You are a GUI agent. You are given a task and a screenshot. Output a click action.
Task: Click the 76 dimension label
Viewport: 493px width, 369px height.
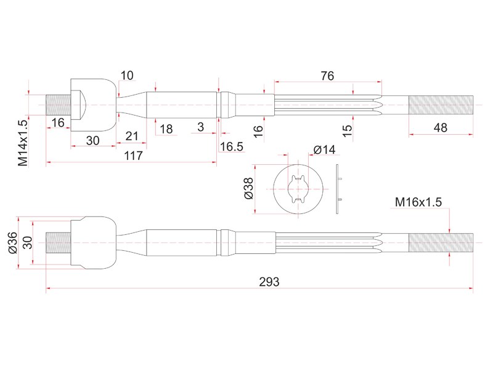point(327,76)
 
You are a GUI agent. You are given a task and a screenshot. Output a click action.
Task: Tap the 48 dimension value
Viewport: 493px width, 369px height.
point(440,128)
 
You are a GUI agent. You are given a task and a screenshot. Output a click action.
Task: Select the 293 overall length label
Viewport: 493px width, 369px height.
point(269,282)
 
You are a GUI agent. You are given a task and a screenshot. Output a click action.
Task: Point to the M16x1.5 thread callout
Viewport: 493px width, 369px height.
point(418,202)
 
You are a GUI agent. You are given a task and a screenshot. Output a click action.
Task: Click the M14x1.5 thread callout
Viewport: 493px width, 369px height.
point(23,143)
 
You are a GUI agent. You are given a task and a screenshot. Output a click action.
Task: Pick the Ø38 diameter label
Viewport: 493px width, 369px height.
point(248,188)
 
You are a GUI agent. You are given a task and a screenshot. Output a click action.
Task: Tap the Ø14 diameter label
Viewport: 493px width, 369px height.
point(325,149)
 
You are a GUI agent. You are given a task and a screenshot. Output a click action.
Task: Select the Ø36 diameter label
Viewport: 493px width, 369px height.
point(12,242)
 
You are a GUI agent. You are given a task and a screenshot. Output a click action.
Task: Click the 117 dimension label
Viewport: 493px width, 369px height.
point(133,156)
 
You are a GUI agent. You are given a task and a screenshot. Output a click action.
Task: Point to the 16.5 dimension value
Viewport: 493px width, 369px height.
point(232,146)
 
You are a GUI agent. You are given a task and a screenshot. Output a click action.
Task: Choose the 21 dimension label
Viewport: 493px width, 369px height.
point(132,136)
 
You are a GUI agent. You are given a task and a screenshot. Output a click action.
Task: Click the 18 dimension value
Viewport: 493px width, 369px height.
point(166,129)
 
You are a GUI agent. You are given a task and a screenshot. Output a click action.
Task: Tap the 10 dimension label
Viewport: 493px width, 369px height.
point(127,75)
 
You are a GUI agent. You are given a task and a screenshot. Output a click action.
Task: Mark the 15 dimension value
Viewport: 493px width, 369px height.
point(347,130)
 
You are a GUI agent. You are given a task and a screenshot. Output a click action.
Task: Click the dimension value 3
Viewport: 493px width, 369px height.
point(201,127)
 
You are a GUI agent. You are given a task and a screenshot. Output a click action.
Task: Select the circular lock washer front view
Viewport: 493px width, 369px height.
point(298,189)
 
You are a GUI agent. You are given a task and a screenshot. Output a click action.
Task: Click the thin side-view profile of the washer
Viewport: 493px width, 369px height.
point(338,189)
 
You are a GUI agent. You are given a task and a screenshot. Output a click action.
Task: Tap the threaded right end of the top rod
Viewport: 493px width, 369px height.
point(441,105)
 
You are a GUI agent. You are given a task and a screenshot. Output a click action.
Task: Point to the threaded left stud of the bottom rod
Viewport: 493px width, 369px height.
point(58,242)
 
